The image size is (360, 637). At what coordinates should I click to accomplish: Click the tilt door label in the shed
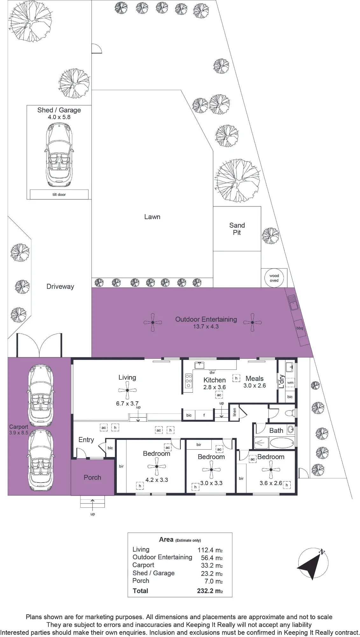coord(59,194)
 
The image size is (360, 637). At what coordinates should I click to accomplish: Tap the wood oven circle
coord(274,278)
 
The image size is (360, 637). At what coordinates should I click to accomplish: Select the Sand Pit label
coord(237,229)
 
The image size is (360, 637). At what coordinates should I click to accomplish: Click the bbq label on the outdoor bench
coord(300,328)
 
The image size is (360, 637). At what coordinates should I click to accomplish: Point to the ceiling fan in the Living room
coord(127,390)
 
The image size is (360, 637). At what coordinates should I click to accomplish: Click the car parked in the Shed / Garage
coord(59,155)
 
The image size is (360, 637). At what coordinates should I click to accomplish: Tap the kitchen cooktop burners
coord(188,381)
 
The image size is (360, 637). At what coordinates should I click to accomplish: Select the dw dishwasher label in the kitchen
coord(212,372)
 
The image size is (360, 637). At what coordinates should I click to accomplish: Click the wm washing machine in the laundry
coord(290,383)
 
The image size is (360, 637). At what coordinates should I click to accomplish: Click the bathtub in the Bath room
coord(282,443)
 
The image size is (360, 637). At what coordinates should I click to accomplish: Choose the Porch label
coord(92,477)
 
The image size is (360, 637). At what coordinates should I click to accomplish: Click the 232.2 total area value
coord(210,591)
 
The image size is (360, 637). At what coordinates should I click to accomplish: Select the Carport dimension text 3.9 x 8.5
coord(18,433)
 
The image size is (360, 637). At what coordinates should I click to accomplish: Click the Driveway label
coord(60,287)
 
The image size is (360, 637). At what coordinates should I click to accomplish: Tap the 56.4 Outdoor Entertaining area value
coord(212,558)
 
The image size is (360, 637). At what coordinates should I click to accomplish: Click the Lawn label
coord(152,217)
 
